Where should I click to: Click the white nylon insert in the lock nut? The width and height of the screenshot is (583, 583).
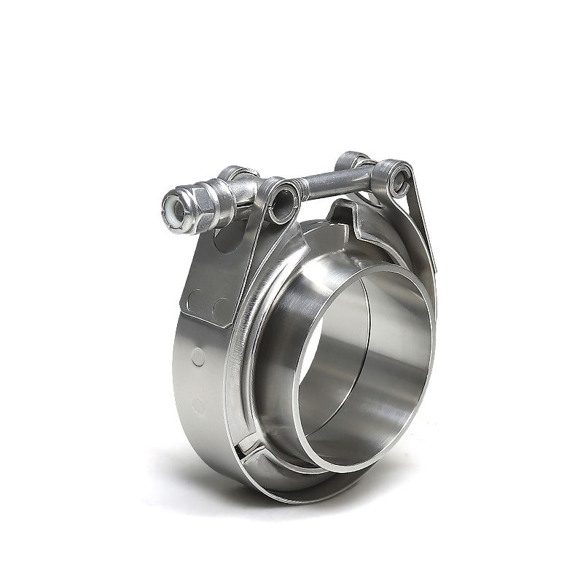[174, 206]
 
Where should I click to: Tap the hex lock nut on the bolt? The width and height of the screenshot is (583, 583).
[191, 204]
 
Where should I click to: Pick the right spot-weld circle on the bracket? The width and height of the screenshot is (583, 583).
[217, 305]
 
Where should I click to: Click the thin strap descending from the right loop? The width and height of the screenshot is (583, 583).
[423, 226]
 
